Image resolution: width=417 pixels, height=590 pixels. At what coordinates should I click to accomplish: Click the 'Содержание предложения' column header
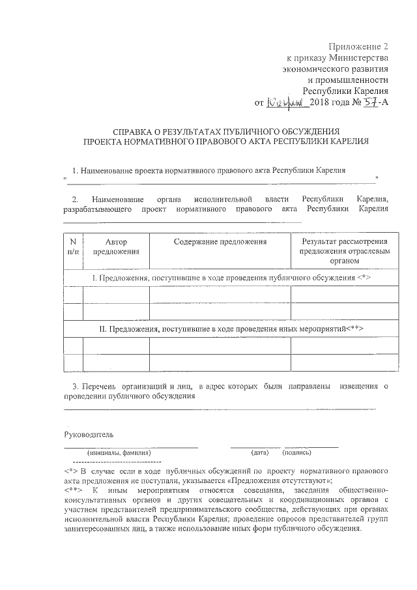click(x=220, y=242)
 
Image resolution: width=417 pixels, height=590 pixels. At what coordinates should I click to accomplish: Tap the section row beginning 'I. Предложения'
click(x=231, y=278)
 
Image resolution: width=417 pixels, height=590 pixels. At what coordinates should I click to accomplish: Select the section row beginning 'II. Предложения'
click(x=231, y=329)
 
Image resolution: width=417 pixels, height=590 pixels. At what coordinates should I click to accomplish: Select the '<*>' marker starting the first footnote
click(x=70, y=470)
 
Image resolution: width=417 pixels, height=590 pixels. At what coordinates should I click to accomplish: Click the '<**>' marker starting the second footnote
click(x=73, y=490)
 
